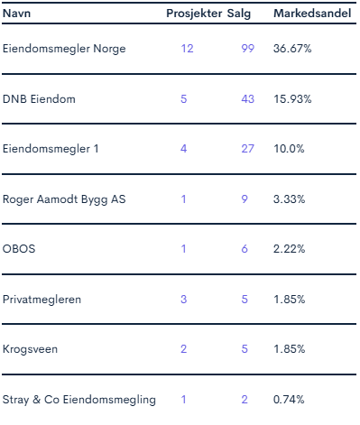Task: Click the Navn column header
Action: [x=16, y=14]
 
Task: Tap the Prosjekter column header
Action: [x=194, y=14]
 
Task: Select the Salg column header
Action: [x=239, y=14]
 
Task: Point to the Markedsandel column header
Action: [x=312, y=14]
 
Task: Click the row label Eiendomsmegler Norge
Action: [x=64, y=49]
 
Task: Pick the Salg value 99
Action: [x=247, y=49]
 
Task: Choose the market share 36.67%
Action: [x=292, y=49]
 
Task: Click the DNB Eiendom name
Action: [x=39, y=99]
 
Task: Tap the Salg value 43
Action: [x=247, y=99]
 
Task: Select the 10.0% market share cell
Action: [x=289, y=149]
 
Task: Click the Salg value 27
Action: [x=247, y=149]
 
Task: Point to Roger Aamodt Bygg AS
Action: [x=64, y=199]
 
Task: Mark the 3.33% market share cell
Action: [x=289, y=199]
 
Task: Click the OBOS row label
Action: [x=19, y=249]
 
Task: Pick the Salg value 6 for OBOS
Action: [x=245, y=249]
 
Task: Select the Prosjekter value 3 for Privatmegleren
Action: [x=183, y=300]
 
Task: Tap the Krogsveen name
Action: [x=30, y=349]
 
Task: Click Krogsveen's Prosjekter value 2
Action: [x=183, y=349]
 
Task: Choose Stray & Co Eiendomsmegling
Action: [x=79, y=400]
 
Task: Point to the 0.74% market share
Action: [x=289, y=400]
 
